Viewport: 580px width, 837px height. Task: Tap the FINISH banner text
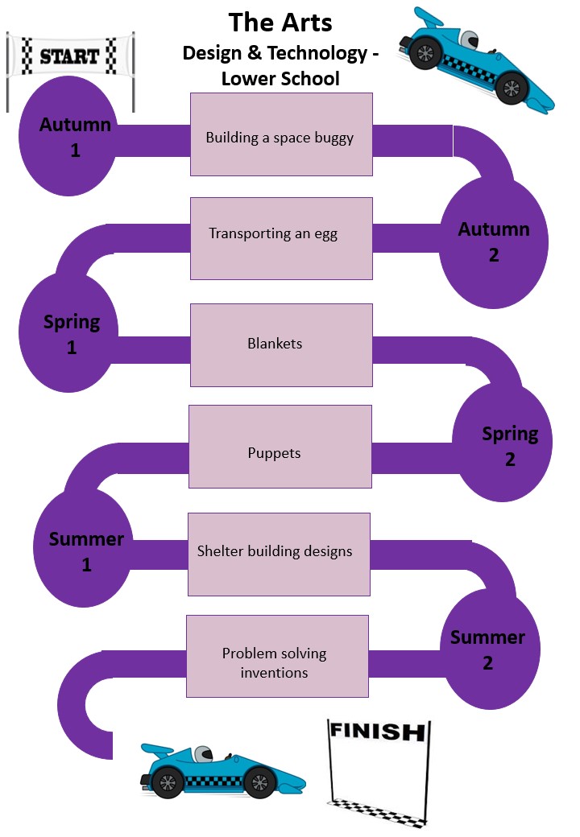pos(376,732)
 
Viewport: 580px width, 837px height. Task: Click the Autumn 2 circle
pos(494,241)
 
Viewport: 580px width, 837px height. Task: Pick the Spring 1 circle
pos(72,334)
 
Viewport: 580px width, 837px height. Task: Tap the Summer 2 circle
pos(487,649)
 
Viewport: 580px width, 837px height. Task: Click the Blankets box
pos(281,344)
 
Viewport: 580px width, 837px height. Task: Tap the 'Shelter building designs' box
pos(279,554)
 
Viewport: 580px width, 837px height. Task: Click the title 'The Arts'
pos(281,22)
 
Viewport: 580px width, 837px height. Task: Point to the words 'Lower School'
pos(281,78)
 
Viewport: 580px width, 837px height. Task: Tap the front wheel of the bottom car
pos(259,781)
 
